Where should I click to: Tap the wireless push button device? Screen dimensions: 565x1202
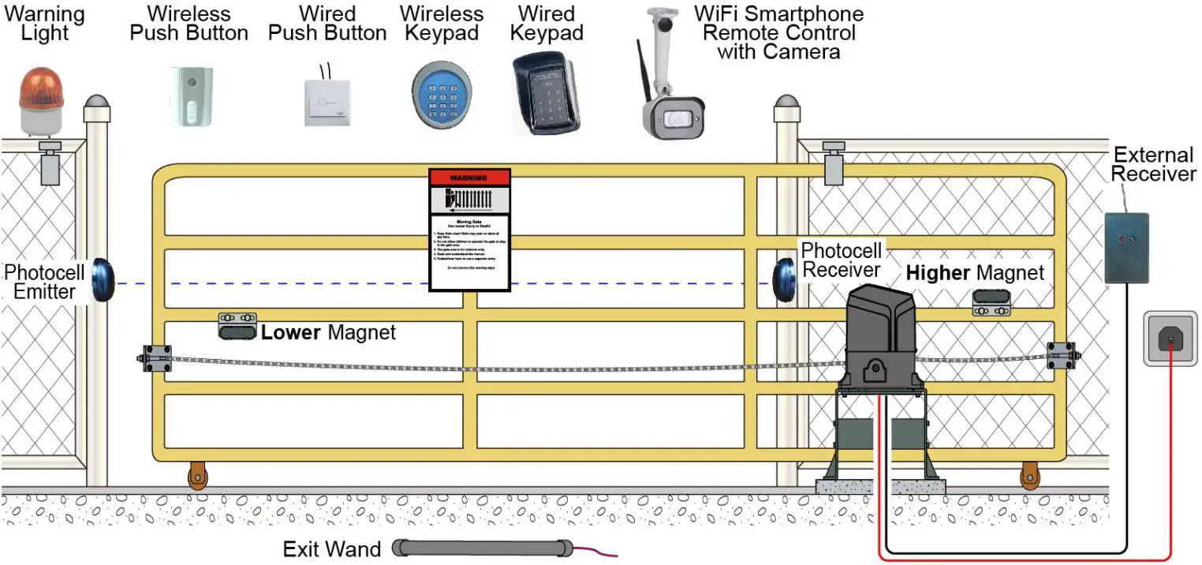point(190,96)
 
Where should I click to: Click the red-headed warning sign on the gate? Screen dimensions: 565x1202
point(469,229)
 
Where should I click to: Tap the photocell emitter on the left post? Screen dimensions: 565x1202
point(103,279)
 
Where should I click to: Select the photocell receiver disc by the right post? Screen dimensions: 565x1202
point(784,278)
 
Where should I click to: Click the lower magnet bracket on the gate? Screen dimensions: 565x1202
point(237,326)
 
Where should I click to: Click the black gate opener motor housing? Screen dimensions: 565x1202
point(880,339)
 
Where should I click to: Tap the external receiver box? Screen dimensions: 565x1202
point(1125,248)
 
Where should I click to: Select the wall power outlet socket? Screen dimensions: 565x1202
point(1170,339)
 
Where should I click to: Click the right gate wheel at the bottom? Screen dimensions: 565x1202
point(1029,476)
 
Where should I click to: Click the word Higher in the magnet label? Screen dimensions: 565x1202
point(938,274)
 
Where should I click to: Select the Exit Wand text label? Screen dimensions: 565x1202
point(331,548)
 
